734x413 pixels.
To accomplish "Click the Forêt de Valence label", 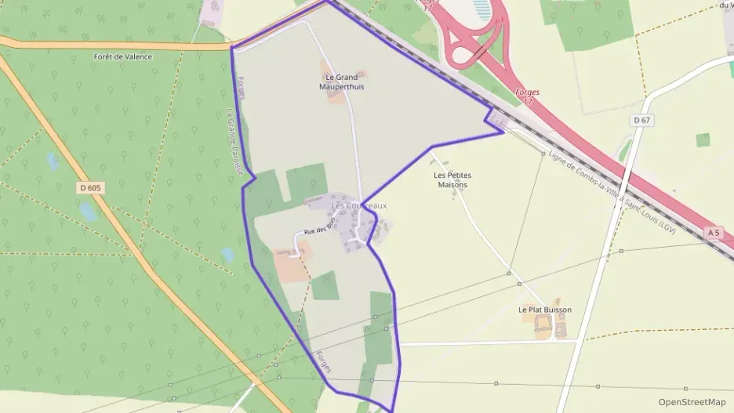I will (123, 56).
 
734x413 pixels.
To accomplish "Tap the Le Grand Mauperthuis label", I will (341, 82).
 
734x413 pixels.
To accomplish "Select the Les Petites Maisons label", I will (451, 180).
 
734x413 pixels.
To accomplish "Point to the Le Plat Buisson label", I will (545, 310).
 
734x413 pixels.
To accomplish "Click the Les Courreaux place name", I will (359, 206).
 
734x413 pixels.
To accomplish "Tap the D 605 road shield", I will (91, 187).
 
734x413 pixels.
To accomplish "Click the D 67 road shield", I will (641, 120).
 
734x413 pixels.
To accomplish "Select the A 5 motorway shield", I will (713, 233).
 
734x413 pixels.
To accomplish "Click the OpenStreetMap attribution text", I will (692, 402).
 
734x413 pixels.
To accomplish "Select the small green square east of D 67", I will (703, 139).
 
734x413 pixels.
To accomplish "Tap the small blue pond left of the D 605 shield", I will (53, 161).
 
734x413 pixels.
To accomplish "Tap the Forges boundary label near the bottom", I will (324, 360).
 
